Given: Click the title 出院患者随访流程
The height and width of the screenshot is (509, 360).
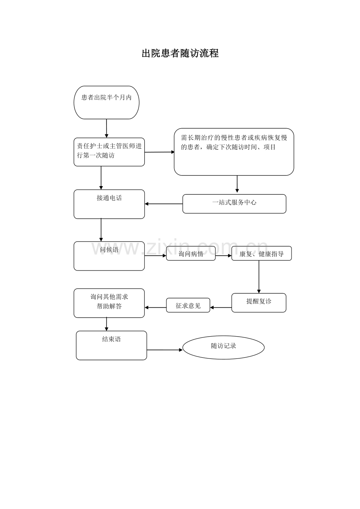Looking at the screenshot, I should coord(180,54).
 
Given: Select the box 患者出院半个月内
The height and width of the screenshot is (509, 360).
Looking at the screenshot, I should coord(106,102).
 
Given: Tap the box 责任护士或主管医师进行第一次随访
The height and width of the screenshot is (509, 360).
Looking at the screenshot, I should coord(109,152).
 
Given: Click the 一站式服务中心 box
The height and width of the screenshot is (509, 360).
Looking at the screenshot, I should coord(234,204).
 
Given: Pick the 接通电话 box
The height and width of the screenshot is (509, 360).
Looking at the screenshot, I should coord(109,204).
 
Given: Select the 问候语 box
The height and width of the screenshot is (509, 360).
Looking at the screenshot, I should coord(109,256).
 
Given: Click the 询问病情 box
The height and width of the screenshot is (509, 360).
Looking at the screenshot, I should coord(191,254).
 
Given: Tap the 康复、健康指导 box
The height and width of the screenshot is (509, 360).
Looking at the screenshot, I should coord(261,254).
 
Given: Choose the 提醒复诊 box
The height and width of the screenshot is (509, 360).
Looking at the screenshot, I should coord(259,303).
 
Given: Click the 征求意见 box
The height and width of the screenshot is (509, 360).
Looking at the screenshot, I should coord(188,305).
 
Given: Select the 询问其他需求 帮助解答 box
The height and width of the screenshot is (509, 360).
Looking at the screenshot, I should coord(109,303).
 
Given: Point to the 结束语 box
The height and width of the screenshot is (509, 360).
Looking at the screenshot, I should coord(112,345).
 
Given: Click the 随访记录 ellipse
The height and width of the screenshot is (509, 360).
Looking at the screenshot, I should coord(223,347).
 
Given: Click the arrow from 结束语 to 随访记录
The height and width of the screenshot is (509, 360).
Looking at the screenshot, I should coord(164,350).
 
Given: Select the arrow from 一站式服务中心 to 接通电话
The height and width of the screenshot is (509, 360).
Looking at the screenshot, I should coord(164,204).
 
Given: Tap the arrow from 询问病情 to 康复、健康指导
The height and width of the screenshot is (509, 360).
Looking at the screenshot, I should coord(223,256).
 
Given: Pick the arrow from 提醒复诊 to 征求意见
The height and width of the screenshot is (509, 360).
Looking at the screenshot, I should coord(221,308).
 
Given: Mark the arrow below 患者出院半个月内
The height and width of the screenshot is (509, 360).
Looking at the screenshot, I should coord(106,128).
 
